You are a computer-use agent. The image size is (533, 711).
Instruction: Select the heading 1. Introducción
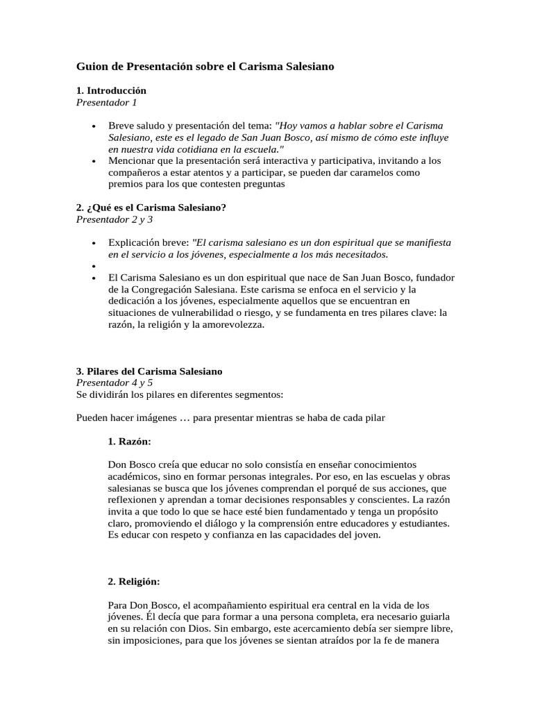[111, 91]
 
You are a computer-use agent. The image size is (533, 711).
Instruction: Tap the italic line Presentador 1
[106, 102]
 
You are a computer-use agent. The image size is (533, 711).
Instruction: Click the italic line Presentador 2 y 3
[114, 219]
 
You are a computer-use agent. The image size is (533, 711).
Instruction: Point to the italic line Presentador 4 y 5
[114, 383]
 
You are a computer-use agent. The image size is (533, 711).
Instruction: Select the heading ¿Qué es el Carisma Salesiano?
[156, 208]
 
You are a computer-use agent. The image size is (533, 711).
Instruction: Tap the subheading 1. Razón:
[130, 441]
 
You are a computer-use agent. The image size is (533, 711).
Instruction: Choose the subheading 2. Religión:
[134, 581]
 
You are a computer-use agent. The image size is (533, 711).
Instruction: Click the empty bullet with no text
[93, 266]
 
